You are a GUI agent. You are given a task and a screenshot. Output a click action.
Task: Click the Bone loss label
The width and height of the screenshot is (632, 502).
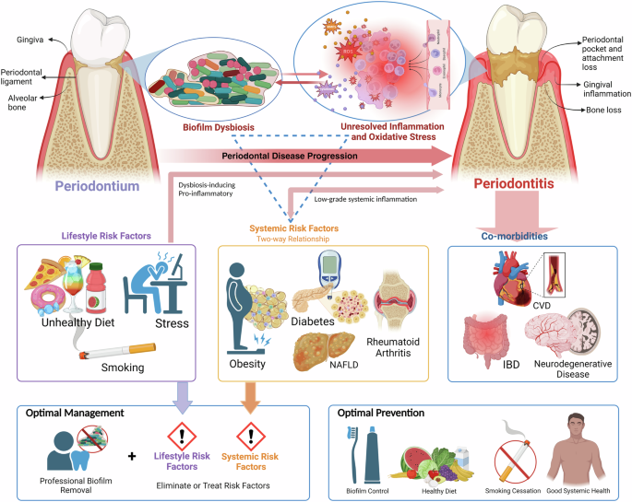click(604, 111)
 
